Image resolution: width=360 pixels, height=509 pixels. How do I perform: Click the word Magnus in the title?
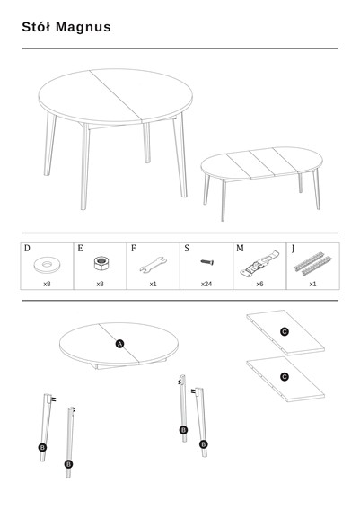pyautogui.click(x=83, y=28)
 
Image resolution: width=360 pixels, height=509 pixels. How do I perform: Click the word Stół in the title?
pyautogui.click(x=36, y=27)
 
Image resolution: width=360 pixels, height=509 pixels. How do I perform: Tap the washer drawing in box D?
pyautogui.click(x=47, y=265)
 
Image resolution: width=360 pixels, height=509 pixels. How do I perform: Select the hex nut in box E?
pyautogui.click(x=101, y=263)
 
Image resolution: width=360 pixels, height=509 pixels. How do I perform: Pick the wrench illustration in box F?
pyautogui.click(x=154, y=265)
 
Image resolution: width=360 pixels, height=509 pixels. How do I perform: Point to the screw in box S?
pyautogui.click(x=206, y=261)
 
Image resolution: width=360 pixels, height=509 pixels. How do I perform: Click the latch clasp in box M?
pyautogui.click(x=259, y=263)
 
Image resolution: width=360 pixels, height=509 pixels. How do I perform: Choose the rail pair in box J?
pyautogui.click(x=312, y=264)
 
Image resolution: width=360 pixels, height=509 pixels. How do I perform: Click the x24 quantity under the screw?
pyautogui.click(x=206, y=284)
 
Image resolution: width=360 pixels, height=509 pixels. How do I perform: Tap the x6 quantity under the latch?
pyautogui.click(x=259, y=284)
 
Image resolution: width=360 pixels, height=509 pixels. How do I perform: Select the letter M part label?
pyautogui.click(x=240, y=249)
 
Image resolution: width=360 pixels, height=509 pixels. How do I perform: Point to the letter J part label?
pyautogui.click(x=293, y=249)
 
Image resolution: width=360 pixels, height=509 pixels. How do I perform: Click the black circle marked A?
pyautogui.click(x=119, y=344)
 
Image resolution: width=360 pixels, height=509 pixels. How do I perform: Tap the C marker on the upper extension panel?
pyautogui.click(x=285, y=332)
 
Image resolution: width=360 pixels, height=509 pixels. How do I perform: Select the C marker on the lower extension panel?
pyautogui.click(x=285, y=377)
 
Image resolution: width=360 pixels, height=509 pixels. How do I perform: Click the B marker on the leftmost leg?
pyautogui.click(x=42, y=448)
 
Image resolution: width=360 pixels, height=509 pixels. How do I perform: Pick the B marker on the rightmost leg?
pyautogui.click(x=204, y=444)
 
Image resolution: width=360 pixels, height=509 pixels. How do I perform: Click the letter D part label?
pyautogui.click(x=27, y=249)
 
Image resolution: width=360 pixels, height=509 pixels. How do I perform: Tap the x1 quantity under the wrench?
pyautogui.click(x=154, y=284)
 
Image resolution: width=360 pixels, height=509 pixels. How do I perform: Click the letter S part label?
pyautogui.click(x=187, y=249)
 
